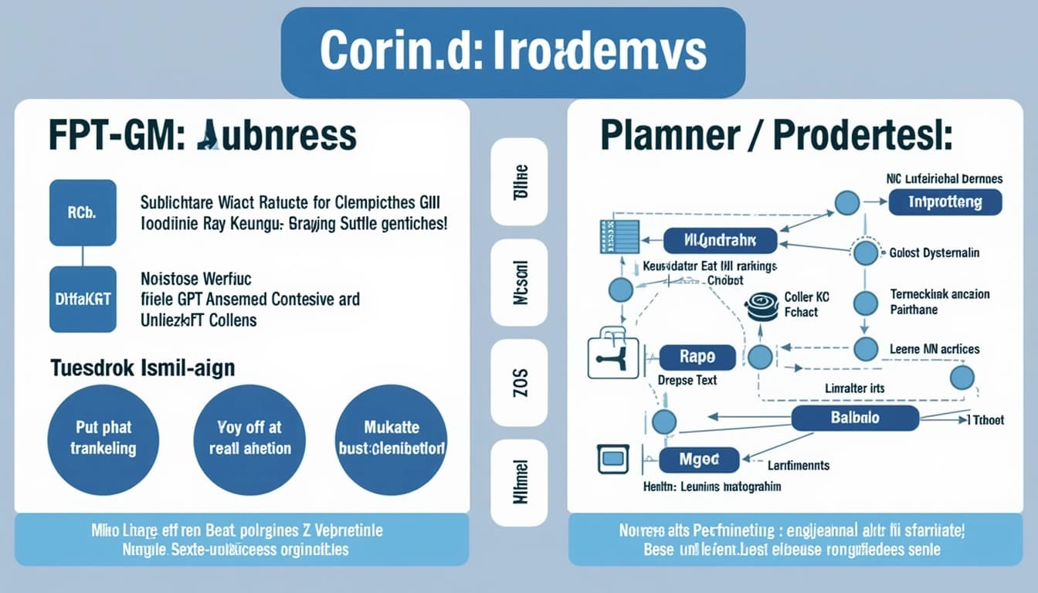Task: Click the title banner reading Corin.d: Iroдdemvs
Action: tap(513, 53)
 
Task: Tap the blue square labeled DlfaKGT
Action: tap(83, 299)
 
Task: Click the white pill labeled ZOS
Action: tap(519, 383)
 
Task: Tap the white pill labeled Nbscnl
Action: tap(519, 282)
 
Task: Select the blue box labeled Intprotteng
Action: tap(945, 202)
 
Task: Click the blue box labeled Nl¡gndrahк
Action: tap(719, 240)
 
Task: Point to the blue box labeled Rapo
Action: tap(697, 357)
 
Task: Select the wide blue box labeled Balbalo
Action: tap(855, 418)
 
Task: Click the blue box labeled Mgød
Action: tap(699, 459)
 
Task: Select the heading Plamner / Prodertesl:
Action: tap(775, 136)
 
